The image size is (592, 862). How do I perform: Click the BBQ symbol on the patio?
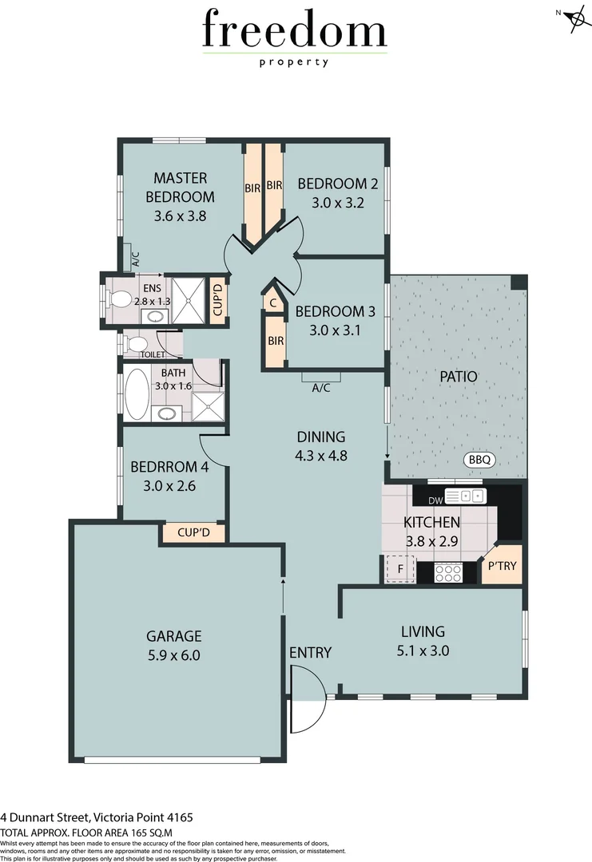[480, 460]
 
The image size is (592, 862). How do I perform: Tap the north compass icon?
[574, 21]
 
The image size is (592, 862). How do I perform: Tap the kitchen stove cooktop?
[448, 572]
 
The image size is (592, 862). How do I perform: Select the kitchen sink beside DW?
[465, 496]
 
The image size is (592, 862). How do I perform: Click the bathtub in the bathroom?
[137, 393]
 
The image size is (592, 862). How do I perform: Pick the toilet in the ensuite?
[119, 299]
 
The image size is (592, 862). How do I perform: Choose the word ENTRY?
[310, 653]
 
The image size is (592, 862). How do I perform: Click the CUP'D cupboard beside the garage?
[193, 532]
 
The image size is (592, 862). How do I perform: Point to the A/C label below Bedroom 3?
[321, 389]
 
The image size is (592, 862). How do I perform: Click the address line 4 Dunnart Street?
[96, 817]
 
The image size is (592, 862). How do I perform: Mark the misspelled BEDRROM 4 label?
[169, 466]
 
